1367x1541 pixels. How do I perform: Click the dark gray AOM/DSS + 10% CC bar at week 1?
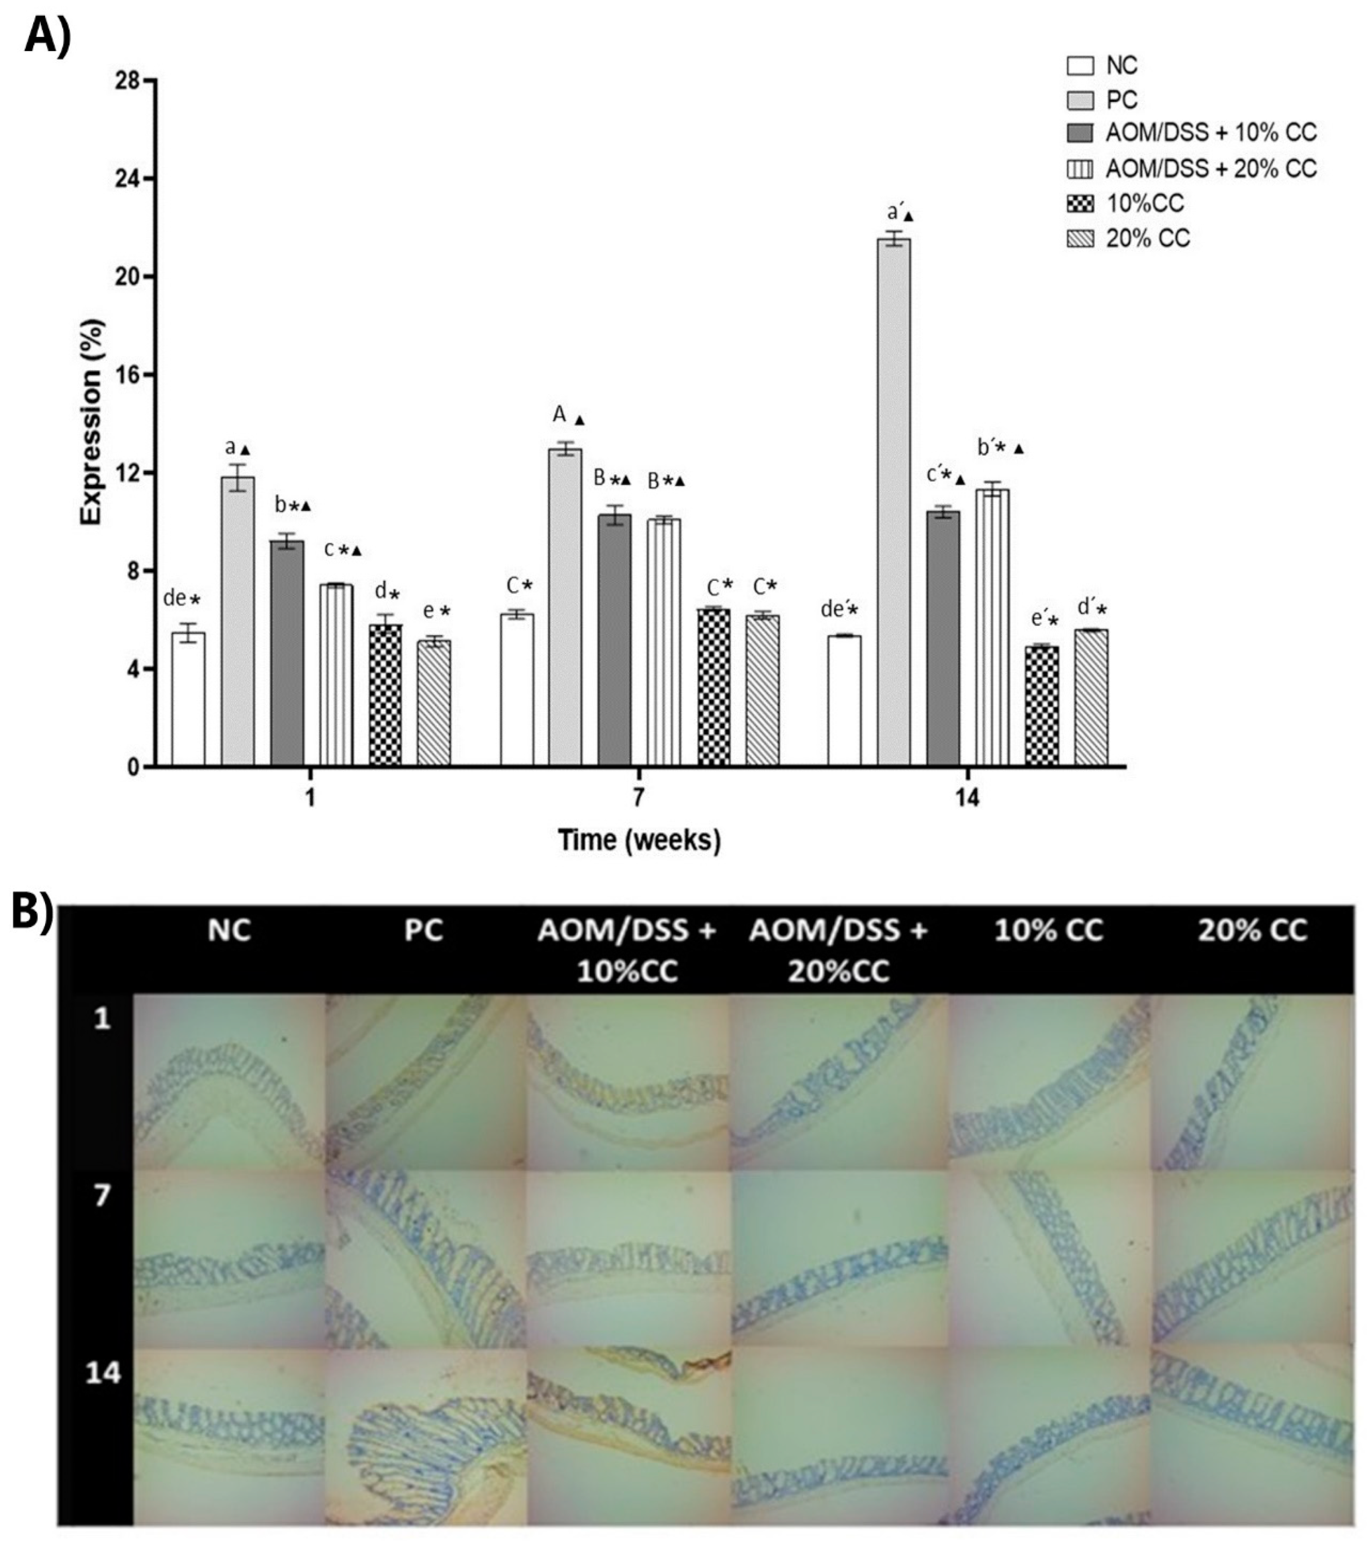pos(287,653)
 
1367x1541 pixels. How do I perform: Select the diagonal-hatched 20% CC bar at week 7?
pos(763,690)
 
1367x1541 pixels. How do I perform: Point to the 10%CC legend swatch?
pos(1080,203)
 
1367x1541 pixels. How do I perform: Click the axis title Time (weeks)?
pos(639,839)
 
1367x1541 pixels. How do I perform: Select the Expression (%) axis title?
pos(92,422)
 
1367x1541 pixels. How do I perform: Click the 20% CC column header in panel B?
pos(1252,930)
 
